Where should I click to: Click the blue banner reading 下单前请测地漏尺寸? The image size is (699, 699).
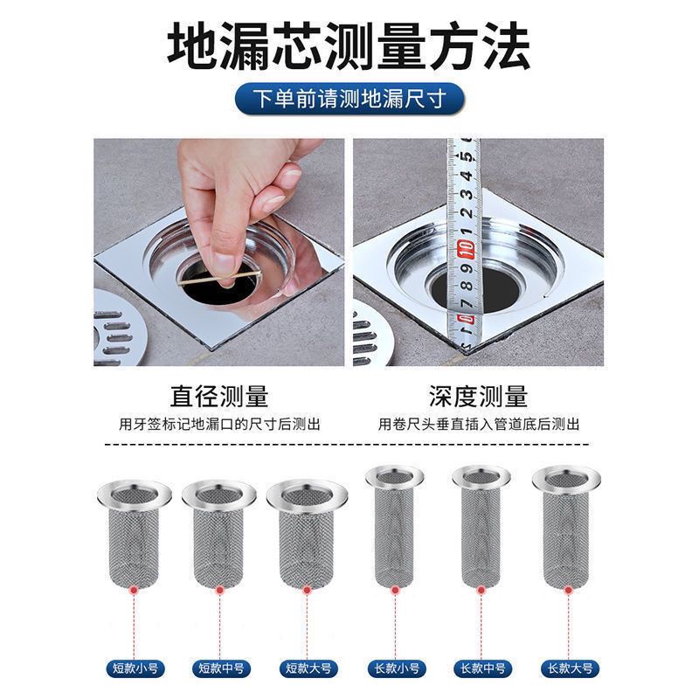pos(349,99)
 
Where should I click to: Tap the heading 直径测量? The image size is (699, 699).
pos(219,397)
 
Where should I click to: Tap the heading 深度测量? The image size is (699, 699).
pos(478,397)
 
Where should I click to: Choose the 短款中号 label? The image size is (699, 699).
pos(222,668)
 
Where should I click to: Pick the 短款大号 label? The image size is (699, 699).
pos(308,668)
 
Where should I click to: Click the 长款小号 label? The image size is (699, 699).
pos(397,668)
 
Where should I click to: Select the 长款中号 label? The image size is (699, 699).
pos(483,668)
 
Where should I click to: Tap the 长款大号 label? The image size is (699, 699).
pos(570,668)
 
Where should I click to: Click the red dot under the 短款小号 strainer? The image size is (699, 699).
pos(134,591)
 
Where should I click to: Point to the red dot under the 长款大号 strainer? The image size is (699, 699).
pos(568,591)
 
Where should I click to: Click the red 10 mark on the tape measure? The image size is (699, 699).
pos(466,248)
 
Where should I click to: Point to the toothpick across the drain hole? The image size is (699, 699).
pos(220,277)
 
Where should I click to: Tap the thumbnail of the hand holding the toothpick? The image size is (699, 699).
pos(219,253)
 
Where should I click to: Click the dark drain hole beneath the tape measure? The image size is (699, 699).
pos(476,288)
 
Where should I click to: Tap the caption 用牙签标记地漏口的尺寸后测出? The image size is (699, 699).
pos(219,424)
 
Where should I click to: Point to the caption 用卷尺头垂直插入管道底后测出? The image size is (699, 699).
pos(479,424)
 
